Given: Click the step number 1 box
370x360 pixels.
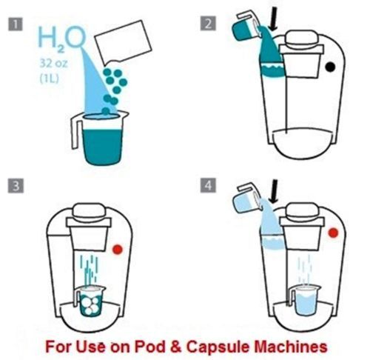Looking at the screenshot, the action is [x=16, y=24].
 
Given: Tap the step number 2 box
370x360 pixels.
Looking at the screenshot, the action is [x=208, y=24].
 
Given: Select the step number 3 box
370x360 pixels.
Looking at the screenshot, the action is [x=16, y=185].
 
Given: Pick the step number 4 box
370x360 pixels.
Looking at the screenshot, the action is [x=208, y=185].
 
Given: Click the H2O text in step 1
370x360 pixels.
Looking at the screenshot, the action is [x=61, y=39].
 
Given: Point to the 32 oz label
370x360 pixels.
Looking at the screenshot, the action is [x=53, y=64].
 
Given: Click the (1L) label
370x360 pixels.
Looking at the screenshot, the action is [x=50, y=79].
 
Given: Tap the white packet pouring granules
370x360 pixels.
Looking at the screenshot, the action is [x=123, y=42].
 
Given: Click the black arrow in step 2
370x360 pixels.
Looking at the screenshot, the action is [x=273, y=19].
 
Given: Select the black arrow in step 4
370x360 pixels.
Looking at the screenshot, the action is [x=274, y=192].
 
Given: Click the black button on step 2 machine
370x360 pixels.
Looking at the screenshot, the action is [x=330, y=67].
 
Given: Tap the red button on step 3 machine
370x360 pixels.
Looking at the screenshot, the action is [x=118, y=250].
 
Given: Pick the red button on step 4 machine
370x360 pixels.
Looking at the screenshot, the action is [x=333, y=233].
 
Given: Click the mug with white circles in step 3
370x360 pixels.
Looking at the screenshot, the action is [x=90, y=301].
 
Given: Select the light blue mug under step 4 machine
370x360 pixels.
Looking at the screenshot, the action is [x=305, y=300].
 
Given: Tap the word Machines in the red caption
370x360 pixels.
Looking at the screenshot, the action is [x=291, y=346].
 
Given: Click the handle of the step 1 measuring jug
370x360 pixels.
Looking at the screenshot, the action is [x=75, y=131].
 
